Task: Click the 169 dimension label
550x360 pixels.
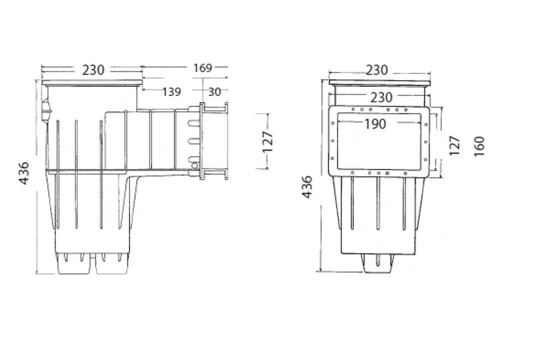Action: pos(202,68)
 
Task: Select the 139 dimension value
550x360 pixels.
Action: pos(171,92)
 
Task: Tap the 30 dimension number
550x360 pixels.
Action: pos(214,92)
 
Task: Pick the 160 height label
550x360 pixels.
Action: pos(479,146)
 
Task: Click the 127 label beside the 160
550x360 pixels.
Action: pos(454,146)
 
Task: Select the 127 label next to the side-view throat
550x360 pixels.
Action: pos(268,141)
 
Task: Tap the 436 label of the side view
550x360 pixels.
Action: pos(24,173)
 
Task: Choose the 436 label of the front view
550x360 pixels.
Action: pos(307,186)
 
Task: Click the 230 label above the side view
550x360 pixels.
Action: pos(93,70)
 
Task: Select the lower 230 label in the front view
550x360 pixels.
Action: pos(380,97)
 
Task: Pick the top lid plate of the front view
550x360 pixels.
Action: pos(379,82)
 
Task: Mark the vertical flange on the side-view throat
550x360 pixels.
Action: pos(202,141)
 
